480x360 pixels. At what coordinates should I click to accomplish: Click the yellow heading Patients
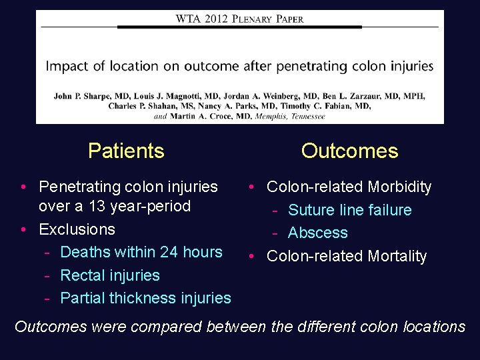point(126,151)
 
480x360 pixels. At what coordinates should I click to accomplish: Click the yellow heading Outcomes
point(349,151)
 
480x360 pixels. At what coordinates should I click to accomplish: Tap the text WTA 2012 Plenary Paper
point(239,19)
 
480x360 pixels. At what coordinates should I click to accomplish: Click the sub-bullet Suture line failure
point(349,210)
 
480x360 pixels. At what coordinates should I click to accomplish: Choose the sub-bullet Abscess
point(317,233)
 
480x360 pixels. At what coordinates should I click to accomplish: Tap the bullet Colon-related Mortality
point(347,256)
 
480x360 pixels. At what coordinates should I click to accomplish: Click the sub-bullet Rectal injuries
point(110,275)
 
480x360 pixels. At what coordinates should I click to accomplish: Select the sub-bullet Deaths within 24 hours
point(141,252)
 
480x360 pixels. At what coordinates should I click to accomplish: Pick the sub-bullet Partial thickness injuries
point(145,298)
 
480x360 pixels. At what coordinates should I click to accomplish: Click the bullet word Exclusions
point(77,229)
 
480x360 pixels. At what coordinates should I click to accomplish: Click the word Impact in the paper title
point(64,66)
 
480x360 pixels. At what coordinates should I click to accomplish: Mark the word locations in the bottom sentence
point(434,327)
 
